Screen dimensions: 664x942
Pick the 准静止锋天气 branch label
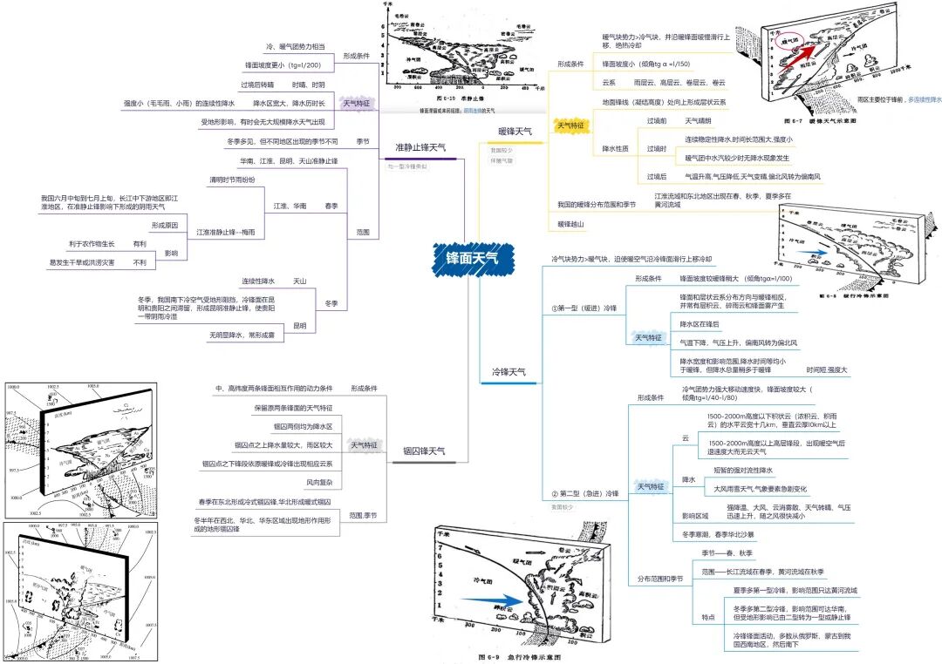pyautogui.click(x=420, y=147)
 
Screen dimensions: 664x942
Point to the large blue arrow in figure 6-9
pyautogui.click(x=488, y=600)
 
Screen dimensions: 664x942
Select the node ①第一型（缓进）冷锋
pyautogui.click(x=584, y=308)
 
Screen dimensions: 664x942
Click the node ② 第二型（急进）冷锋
pyautogui.click(x=584, y=494)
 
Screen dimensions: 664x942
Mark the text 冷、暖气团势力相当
pyautogui.click(x=295, y=45)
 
